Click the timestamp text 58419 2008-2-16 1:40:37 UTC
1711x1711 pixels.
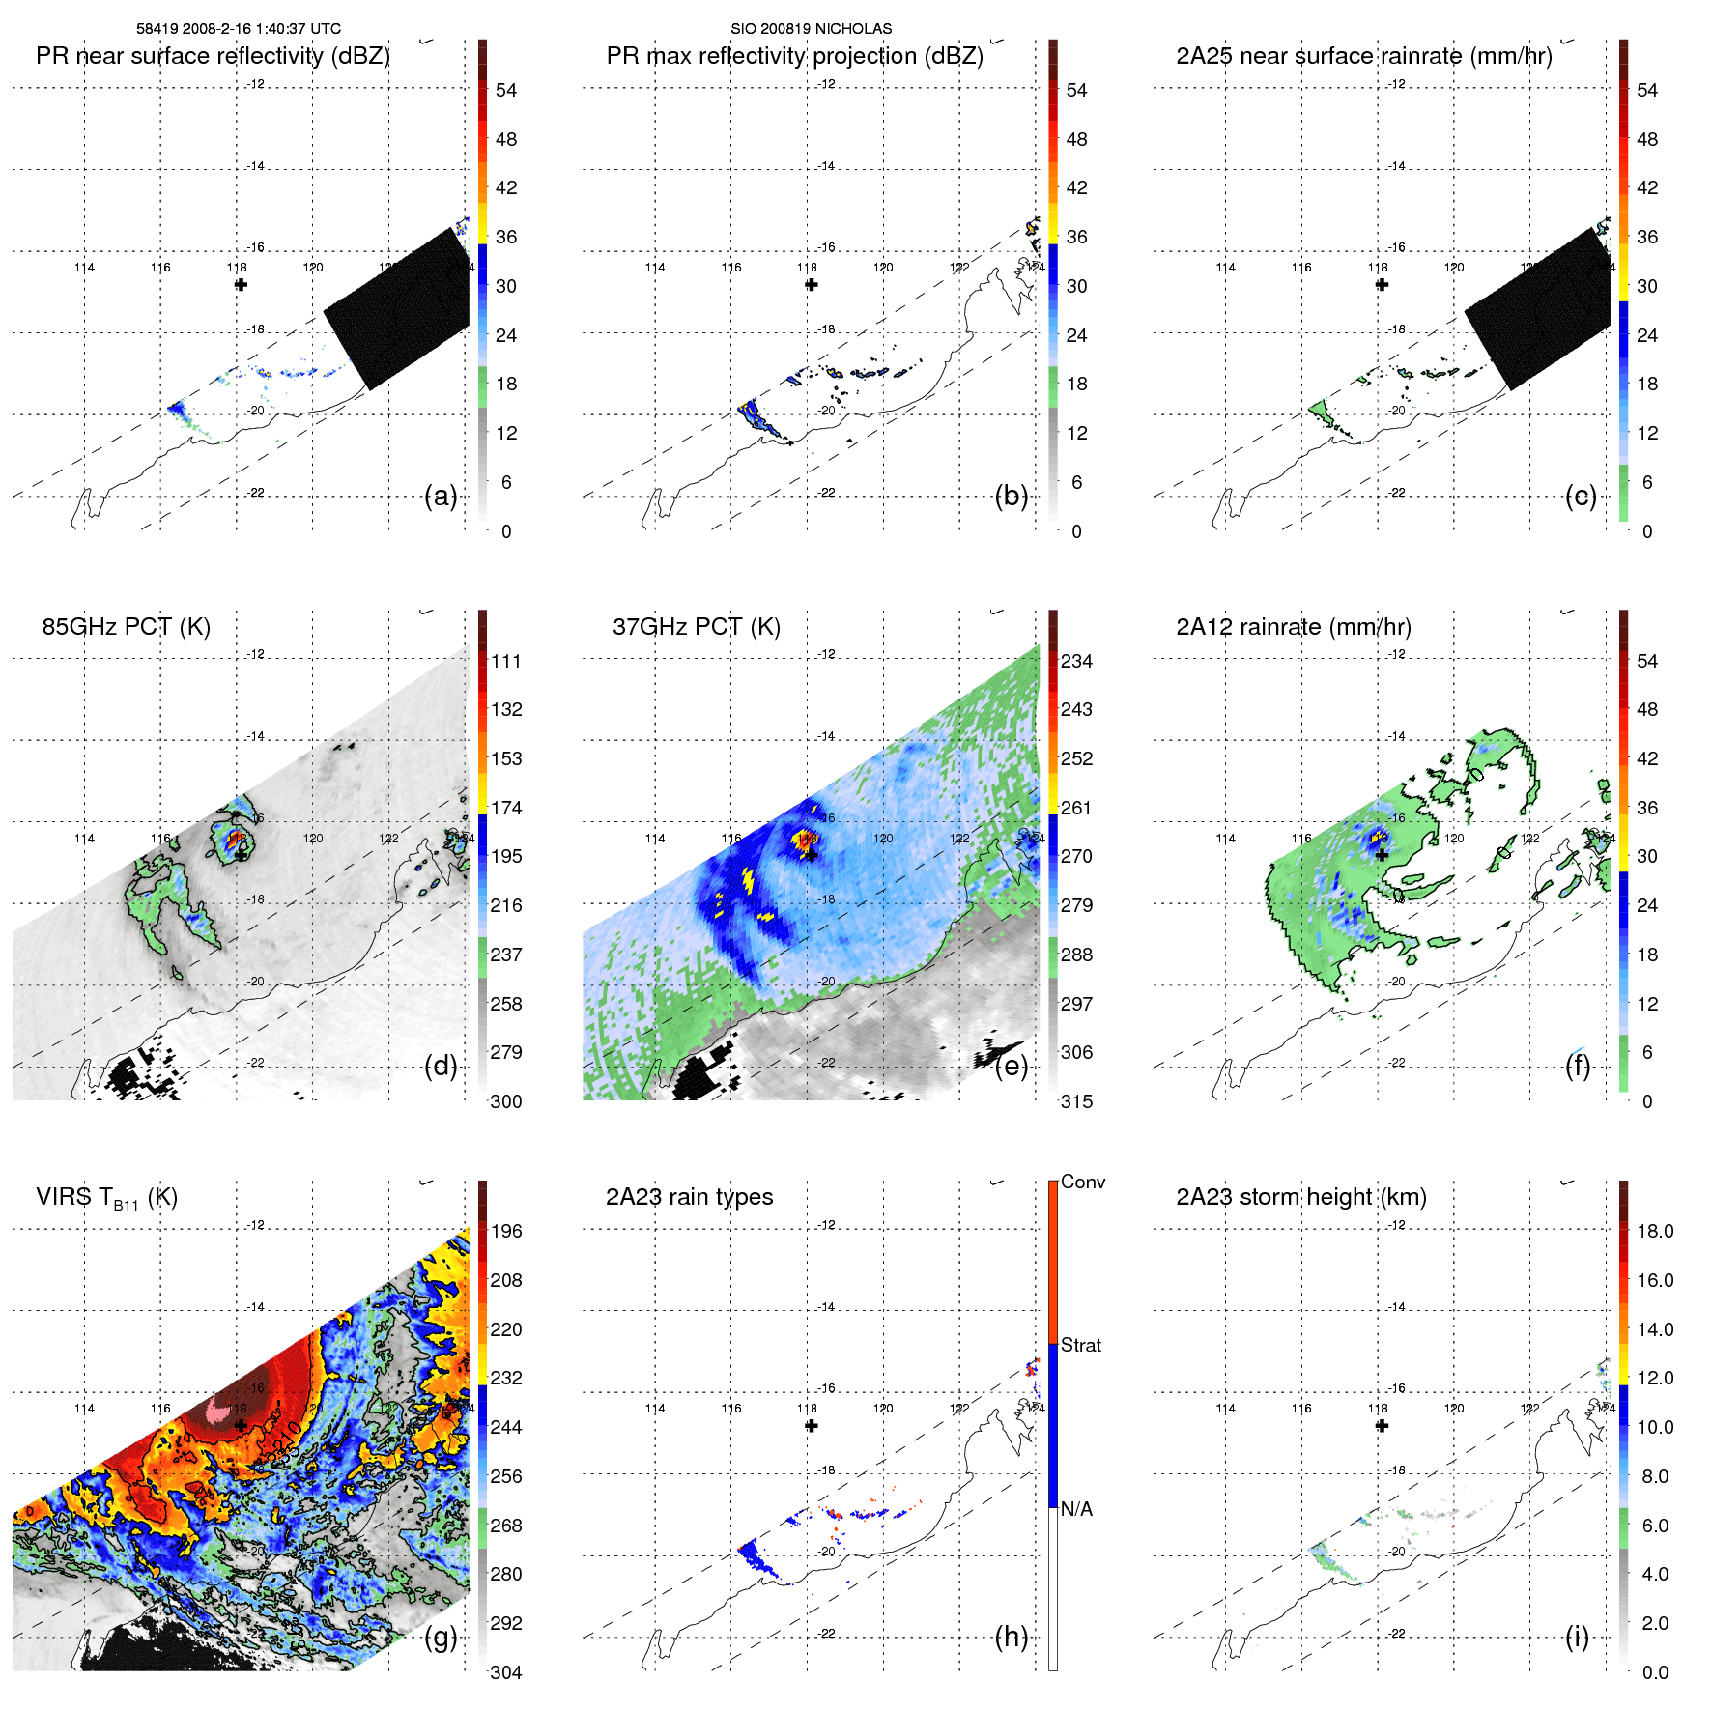(x=239, y=29)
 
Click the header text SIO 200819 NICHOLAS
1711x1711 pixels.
(x=811, y=29)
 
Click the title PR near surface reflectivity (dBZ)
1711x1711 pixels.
(x=213, y=56)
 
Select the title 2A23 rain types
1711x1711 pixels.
(x=689, y=1197)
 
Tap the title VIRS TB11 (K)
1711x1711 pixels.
(x=106, y=1198)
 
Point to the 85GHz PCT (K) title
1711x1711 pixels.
(x=126, y=627)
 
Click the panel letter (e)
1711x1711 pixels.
(x=1012, y=1067)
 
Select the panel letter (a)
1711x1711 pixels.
(x=441, y=497)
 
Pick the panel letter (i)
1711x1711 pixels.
(x=1577, y=1638)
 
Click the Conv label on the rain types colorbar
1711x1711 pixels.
(x=1082, y=1182)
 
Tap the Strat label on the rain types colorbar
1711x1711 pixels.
(x=1080, y=1345)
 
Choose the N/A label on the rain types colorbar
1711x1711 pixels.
(x=1076, y=1509)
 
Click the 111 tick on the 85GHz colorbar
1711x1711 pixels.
(x=506, y=662)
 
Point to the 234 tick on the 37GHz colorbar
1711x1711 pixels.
(x=1076, y=662)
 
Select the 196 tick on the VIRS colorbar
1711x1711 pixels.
(x=506, y=1232)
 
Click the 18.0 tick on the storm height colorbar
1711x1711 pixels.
(x=1654, y=1232)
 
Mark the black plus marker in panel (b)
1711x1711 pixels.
(x=812, y=284)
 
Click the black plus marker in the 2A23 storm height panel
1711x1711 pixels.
(x=1382, y=1426)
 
